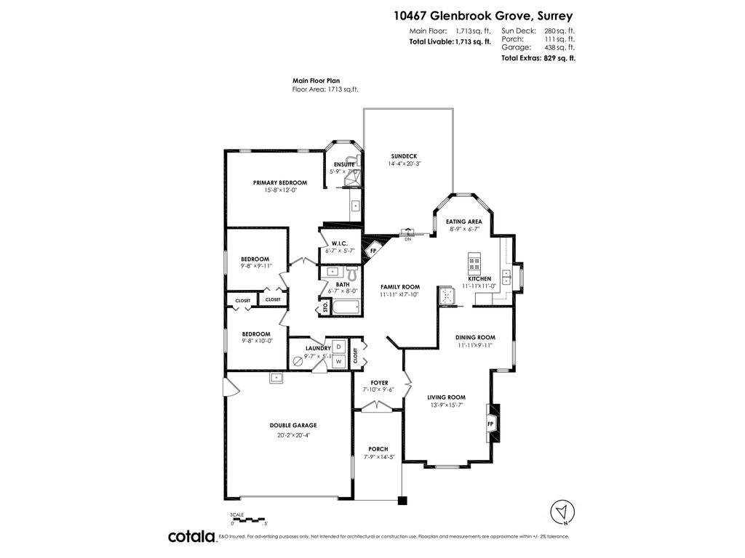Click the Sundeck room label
coord(405,155)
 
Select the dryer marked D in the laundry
coord(338,347)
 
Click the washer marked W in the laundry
coord(338,361)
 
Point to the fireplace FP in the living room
coord(490,424)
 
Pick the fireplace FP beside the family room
coord(373,251)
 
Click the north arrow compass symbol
coord(560,511)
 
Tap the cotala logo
coord(191,536)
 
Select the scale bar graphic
coord(250,519)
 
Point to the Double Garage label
coord(292,426)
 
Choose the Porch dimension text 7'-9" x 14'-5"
coord(378,458)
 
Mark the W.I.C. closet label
coord(339,243)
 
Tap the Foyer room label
coord(378,382)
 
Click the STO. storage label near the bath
coord(325,308)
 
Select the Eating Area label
coord(463,221)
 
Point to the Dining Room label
coord(475,337)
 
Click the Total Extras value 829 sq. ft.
coord(559,58)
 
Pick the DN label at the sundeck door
coord(407,239)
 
